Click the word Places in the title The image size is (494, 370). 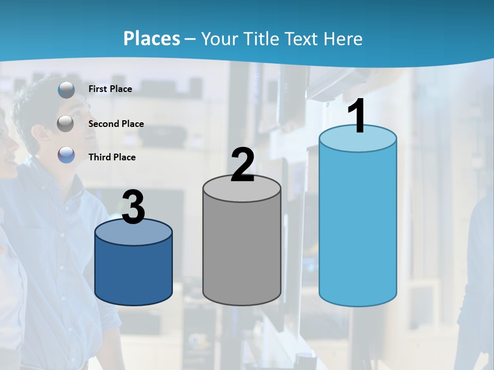pyautogui.click(x=151, y=39)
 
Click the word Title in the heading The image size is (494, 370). pyautogui.click(x=260, y=39)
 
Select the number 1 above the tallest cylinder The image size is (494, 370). pyautogui.click(x=357, y=117)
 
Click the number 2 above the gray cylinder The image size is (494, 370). pyautogui.click(x=242, y=165)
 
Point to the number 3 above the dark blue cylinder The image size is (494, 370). pyautogui.click(x=133, y=208)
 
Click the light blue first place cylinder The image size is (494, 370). pyautogui.click(x=358, y=226)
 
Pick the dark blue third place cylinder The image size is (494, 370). pyautogui.click(x=133, y=272)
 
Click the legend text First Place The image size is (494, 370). pyautogui.click(x=110, y=89)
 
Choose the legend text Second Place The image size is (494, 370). pyautogui.click(x=116, y=124)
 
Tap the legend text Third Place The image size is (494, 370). pyautogui.click(x=112, y=157)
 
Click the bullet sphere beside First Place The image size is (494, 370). pyautogui.click(x=66, y=90)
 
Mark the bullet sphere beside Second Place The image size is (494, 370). pyautogui.click(x=65, y=124)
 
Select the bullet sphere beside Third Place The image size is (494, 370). pyautogui.click(x=66, y=155)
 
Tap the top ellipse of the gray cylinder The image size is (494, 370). pyautogui.click(x=242, y=188)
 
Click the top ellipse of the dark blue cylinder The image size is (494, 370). pyautogui.click(x=133, y=232)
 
